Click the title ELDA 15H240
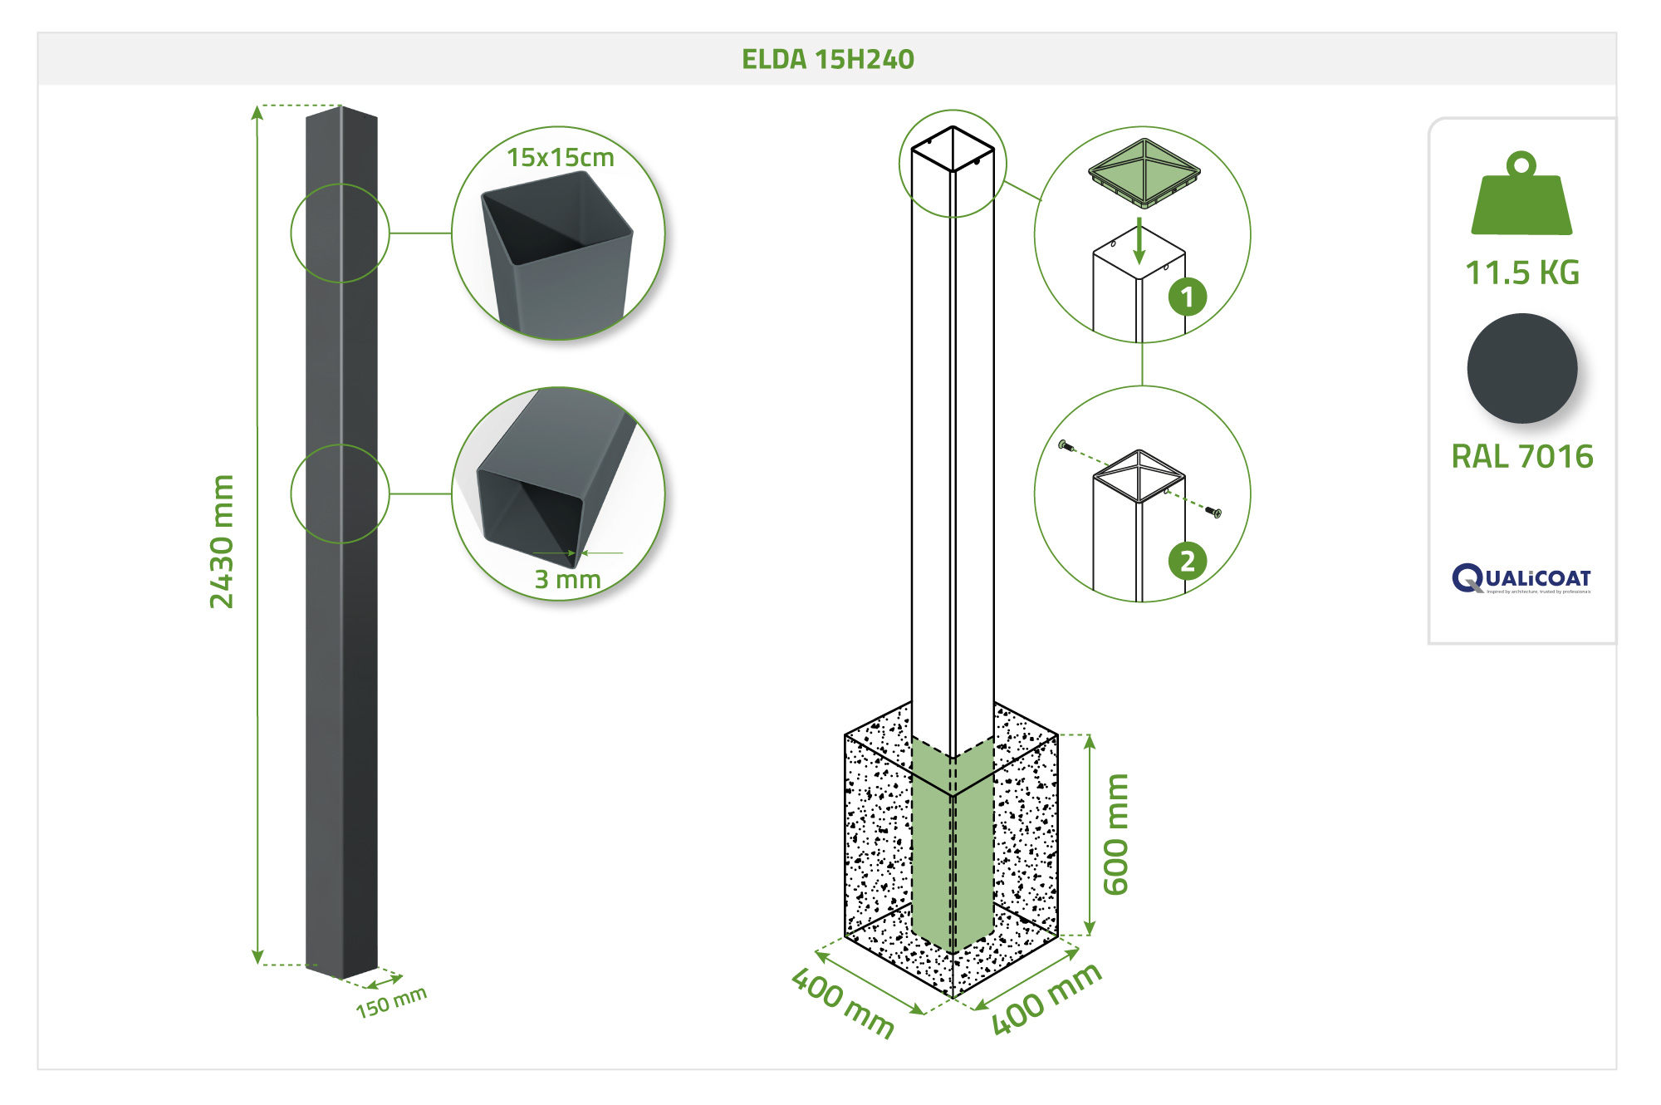[x=827, y=59]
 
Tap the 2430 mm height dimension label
[x=222, y=542]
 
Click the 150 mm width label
[x=391, y=1001]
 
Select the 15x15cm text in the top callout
[x=561, y=157]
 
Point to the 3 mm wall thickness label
[x=567, y=578]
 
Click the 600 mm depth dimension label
[x=1115, y=834]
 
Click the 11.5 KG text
[x=1521, y=273]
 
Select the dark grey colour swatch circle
[x=1521, y=368]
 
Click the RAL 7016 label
[x=1521, y=456]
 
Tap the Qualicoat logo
[x=1521, y=578]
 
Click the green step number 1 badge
[x=1187, y=297]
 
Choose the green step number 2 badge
[x=1187, y=561]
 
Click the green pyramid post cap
[x=1144, y=172]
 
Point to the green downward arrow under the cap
[x=1139, y=241]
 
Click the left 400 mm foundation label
[x=842, y=1003]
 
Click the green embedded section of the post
[x=952, y=847]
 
